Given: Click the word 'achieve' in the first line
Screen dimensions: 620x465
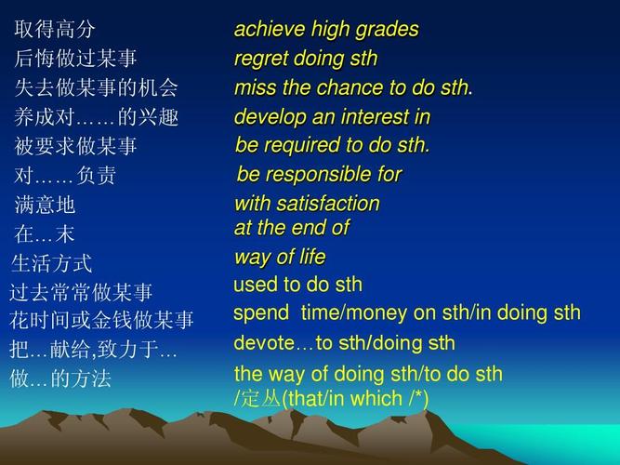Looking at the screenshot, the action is click(270, 29).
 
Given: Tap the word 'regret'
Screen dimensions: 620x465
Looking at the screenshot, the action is click(261, 59).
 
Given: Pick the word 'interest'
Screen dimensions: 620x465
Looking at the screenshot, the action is click(376, 117).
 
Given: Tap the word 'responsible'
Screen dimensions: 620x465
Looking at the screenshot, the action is click(319, 175).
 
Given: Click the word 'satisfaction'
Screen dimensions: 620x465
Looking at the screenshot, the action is click(328, 204).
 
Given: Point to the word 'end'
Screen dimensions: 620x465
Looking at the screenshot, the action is click(308, 228).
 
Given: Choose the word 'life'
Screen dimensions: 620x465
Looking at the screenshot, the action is click(312, 257).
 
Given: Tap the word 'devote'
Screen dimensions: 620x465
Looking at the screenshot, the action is click(264, 343).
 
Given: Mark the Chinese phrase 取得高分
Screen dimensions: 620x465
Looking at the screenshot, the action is click(55, 29).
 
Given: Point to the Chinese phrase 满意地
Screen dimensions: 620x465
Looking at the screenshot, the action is click(45, 205).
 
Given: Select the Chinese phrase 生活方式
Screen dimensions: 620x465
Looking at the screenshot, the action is click(51, 263).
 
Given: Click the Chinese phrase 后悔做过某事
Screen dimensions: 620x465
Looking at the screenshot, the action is click(75, 59).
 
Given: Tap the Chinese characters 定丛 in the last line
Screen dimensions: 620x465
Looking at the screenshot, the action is click(260, 399).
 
